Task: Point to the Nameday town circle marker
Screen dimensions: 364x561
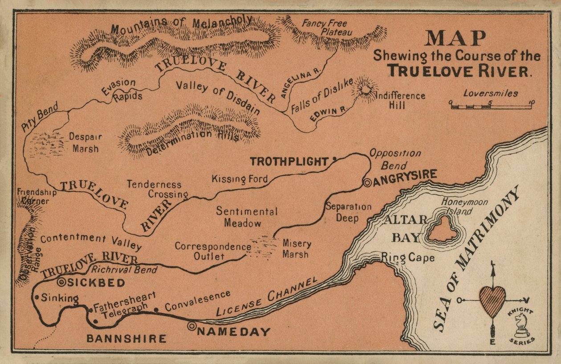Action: coord(192,327)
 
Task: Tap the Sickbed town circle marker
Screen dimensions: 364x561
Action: coord(62,281)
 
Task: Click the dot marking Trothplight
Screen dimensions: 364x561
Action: coord(334,158)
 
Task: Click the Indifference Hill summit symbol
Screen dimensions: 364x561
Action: coord(365,89)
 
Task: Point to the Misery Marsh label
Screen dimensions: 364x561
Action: coord(295,249)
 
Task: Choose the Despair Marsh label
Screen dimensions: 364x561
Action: coord(85,143)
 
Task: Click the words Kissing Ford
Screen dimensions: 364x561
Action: coord(240,179)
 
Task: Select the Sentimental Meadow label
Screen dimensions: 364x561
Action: coord(246,217)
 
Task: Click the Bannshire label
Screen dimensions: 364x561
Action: coord(126,339)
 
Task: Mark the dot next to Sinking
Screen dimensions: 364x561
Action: coord(37,297)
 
